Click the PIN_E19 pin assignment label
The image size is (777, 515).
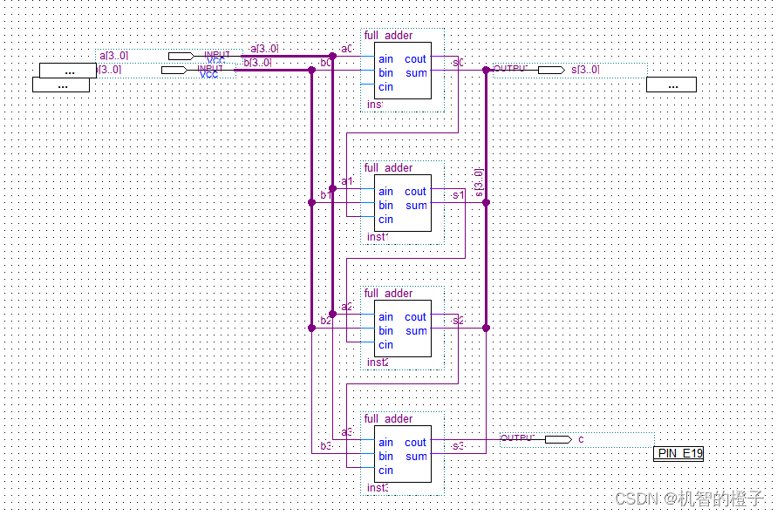678,453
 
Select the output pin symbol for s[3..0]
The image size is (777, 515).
550,70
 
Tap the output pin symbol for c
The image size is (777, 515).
558,439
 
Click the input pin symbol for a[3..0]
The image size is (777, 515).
181,56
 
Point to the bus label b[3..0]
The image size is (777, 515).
258,63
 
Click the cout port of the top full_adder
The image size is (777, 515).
416,59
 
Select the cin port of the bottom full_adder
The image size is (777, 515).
385,471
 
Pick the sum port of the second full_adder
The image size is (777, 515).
416,206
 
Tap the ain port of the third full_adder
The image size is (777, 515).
385,317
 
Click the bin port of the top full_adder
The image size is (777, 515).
385,73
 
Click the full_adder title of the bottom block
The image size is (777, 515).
389,419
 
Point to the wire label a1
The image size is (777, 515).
347,181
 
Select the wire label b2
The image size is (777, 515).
325,322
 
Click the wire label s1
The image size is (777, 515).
458,195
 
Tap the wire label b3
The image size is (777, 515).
325,447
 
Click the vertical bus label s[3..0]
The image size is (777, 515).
478,181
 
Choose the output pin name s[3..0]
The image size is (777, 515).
585,70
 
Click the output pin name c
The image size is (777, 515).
582,439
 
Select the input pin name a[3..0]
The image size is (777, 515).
113,56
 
